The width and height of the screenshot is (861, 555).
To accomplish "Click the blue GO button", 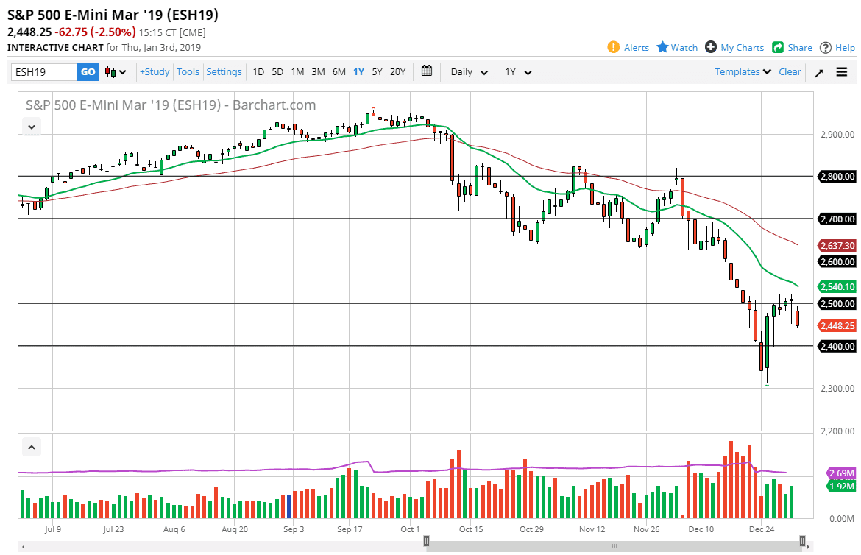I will coord(88,72).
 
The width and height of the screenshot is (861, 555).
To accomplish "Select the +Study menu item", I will coord(155,72).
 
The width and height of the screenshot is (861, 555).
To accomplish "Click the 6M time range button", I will coord(339,72).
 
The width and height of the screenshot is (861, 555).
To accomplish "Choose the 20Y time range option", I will coord(397,72).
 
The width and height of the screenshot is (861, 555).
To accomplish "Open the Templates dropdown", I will coord(743,72).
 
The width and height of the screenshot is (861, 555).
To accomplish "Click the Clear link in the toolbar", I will coord(790,72).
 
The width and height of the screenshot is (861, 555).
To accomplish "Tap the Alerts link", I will coord(628,48).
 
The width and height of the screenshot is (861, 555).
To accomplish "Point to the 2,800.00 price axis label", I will coord(837,177).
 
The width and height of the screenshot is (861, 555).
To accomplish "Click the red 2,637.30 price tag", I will coord(837,245).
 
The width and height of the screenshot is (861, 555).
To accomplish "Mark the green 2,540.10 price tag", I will coord(837,287).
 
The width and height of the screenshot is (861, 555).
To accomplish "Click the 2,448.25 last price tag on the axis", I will coord(837,326).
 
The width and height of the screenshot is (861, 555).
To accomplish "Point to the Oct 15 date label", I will coord(470,529).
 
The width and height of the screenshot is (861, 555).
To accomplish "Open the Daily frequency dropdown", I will coord(469,72).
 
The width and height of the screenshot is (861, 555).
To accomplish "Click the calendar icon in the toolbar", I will coord(427,71).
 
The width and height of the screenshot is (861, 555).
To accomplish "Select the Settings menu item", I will coord(224,72).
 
